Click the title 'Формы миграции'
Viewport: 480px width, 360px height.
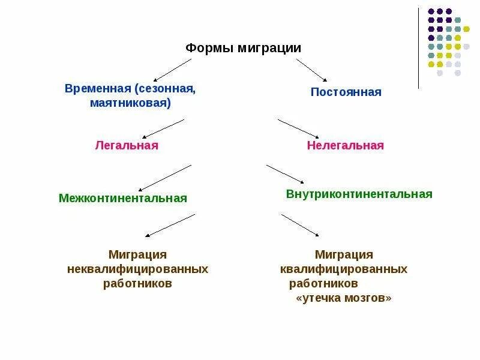(x=243, y=48)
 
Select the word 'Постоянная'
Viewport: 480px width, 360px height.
(x=346, y=92)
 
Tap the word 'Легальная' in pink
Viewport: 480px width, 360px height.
(x=127, y=146)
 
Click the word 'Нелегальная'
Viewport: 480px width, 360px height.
(x=345, y=146)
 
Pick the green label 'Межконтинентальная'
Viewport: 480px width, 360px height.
(x=123, y=198)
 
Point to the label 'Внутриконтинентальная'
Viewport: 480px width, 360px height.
(x=359, y=194)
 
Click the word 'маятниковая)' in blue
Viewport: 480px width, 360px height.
(x=130, y=103)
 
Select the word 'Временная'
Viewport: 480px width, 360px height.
(x=98, y=89)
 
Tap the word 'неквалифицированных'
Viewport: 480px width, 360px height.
(x=137, y=269)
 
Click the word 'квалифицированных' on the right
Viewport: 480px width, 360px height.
(x=343, y=269)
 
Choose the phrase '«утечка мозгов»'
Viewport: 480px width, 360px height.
(x=344, y=298)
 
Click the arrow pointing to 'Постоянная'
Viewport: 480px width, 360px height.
(x=311, y=70)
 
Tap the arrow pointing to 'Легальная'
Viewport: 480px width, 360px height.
(x=162, y=128)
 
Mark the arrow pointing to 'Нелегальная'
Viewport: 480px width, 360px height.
(x=299, y=128)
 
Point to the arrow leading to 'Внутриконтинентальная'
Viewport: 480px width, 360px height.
(x=285, y=174)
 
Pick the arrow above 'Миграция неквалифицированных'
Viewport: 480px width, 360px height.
(x=170, y=225)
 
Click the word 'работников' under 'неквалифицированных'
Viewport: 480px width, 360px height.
(x=137, y=283)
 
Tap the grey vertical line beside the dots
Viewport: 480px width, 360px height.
(x=418, y=48)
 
